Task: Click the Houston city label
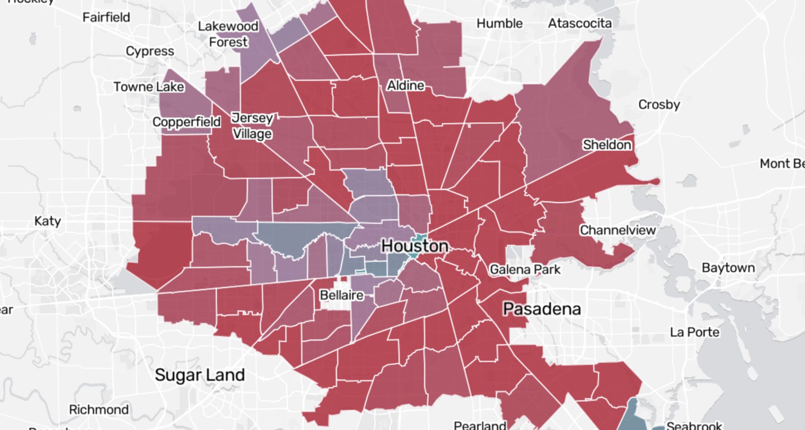tap(415, 246)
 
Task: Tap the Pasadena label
tap(542, 309)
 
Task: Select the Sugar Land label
tap(200, 375)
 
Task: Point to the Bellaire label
tap(341, 295)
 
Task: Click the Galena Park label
tap(525, 270)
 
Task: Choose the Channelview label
tap(617, 230)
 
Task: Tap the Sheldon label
tap(607, 145)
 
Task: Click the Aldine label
tap(405, 86)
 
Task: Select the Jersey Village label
tap(252, 126)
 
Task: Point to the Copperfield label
tap(186, 122)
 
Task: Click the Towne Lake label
tap(148, 87)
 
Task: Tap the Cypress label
tap(150, 51)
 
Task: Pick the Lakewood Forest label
tap(228, 34)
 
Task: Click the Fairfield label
tap(106, 18)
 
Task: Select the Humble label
tap(499, 24)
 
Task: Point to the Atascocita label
tap(579, 24)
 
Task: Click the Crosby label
tap(659, 105)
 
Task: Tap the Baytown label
tap(728, 268)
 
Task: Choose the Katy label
tap(47, 221)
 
